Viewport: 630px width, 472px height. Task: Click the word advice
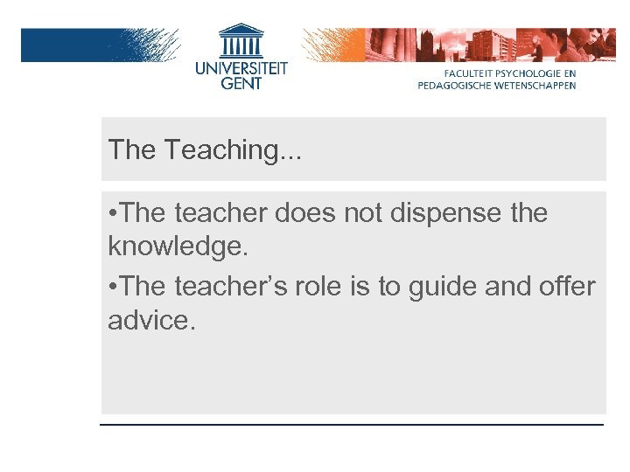149,320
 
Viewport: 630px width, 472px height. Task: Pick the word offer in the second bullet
566,287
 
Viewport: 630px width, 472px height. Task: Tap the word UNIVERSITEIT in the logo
241,67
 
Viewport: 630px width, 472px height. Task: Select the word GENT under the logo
241,83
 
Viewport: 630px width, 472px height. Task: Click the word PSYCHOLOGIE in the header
534,74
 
